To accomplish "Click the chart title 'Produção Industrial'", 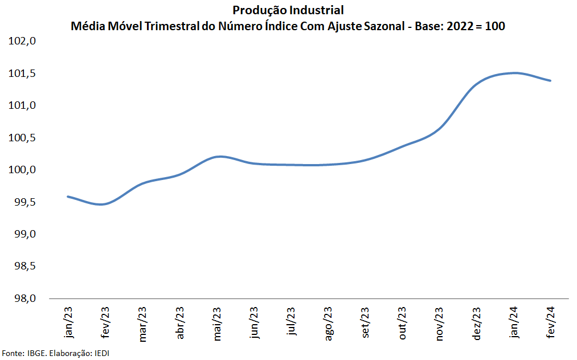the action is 288,10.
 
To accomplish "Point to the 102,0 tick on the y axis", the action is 22,41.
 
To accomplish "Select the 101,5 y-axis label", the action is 22,73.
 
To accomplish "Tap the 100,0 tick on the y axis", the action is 22,170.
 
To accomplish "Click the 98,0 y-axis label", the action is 25,298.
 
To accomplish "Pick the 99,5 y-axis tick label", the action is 25,202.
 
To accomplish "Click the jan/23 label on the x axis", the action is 68,322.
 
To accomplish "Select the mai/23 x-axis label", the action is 217,324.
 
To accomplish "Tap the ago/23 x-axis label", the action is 328,324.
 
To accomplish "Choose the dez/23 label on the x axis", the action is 476,324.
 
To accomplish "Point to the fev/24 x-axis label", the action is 550,322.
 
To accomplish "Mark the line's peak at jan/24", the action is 514,73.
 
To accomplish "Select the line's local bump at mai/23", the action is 219,157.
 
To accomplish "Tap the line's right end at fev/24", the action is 550,81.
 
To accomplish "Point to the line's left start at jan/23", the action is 68,197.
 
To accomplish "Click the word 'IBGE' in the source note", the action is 37,353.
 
